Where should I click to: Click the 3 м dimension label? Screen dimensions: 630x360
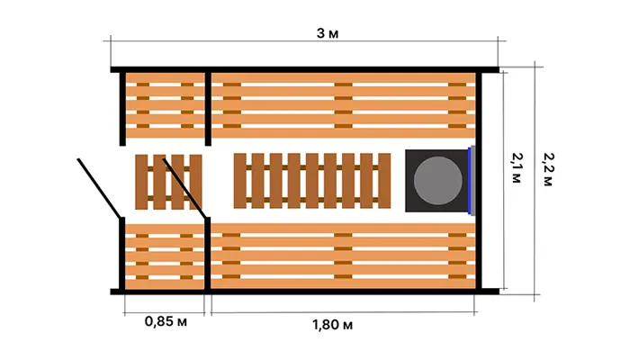click(328, 33)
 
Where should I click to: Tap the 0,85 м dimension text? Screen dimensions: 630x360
click(166, 321)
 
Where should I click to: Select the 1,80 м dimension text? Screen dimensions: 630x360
click(333, 324)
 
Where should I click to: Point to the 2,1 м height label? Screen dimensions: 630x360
click(517, 168)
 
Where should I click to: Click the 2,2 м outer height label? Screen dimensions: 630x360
click(548, 169)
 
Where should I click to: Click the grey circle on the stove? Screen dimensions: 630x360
click(437, 180)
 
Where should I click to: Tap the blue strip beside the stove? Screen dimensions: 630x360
click(469, 181)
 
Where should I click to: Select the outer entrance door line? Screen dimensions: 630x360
click(99, 188)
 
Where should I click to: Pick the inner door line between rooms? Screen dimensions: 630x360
click(184, 188)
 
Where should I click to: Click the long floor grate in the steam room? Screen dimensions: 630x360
click(312, 181)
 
